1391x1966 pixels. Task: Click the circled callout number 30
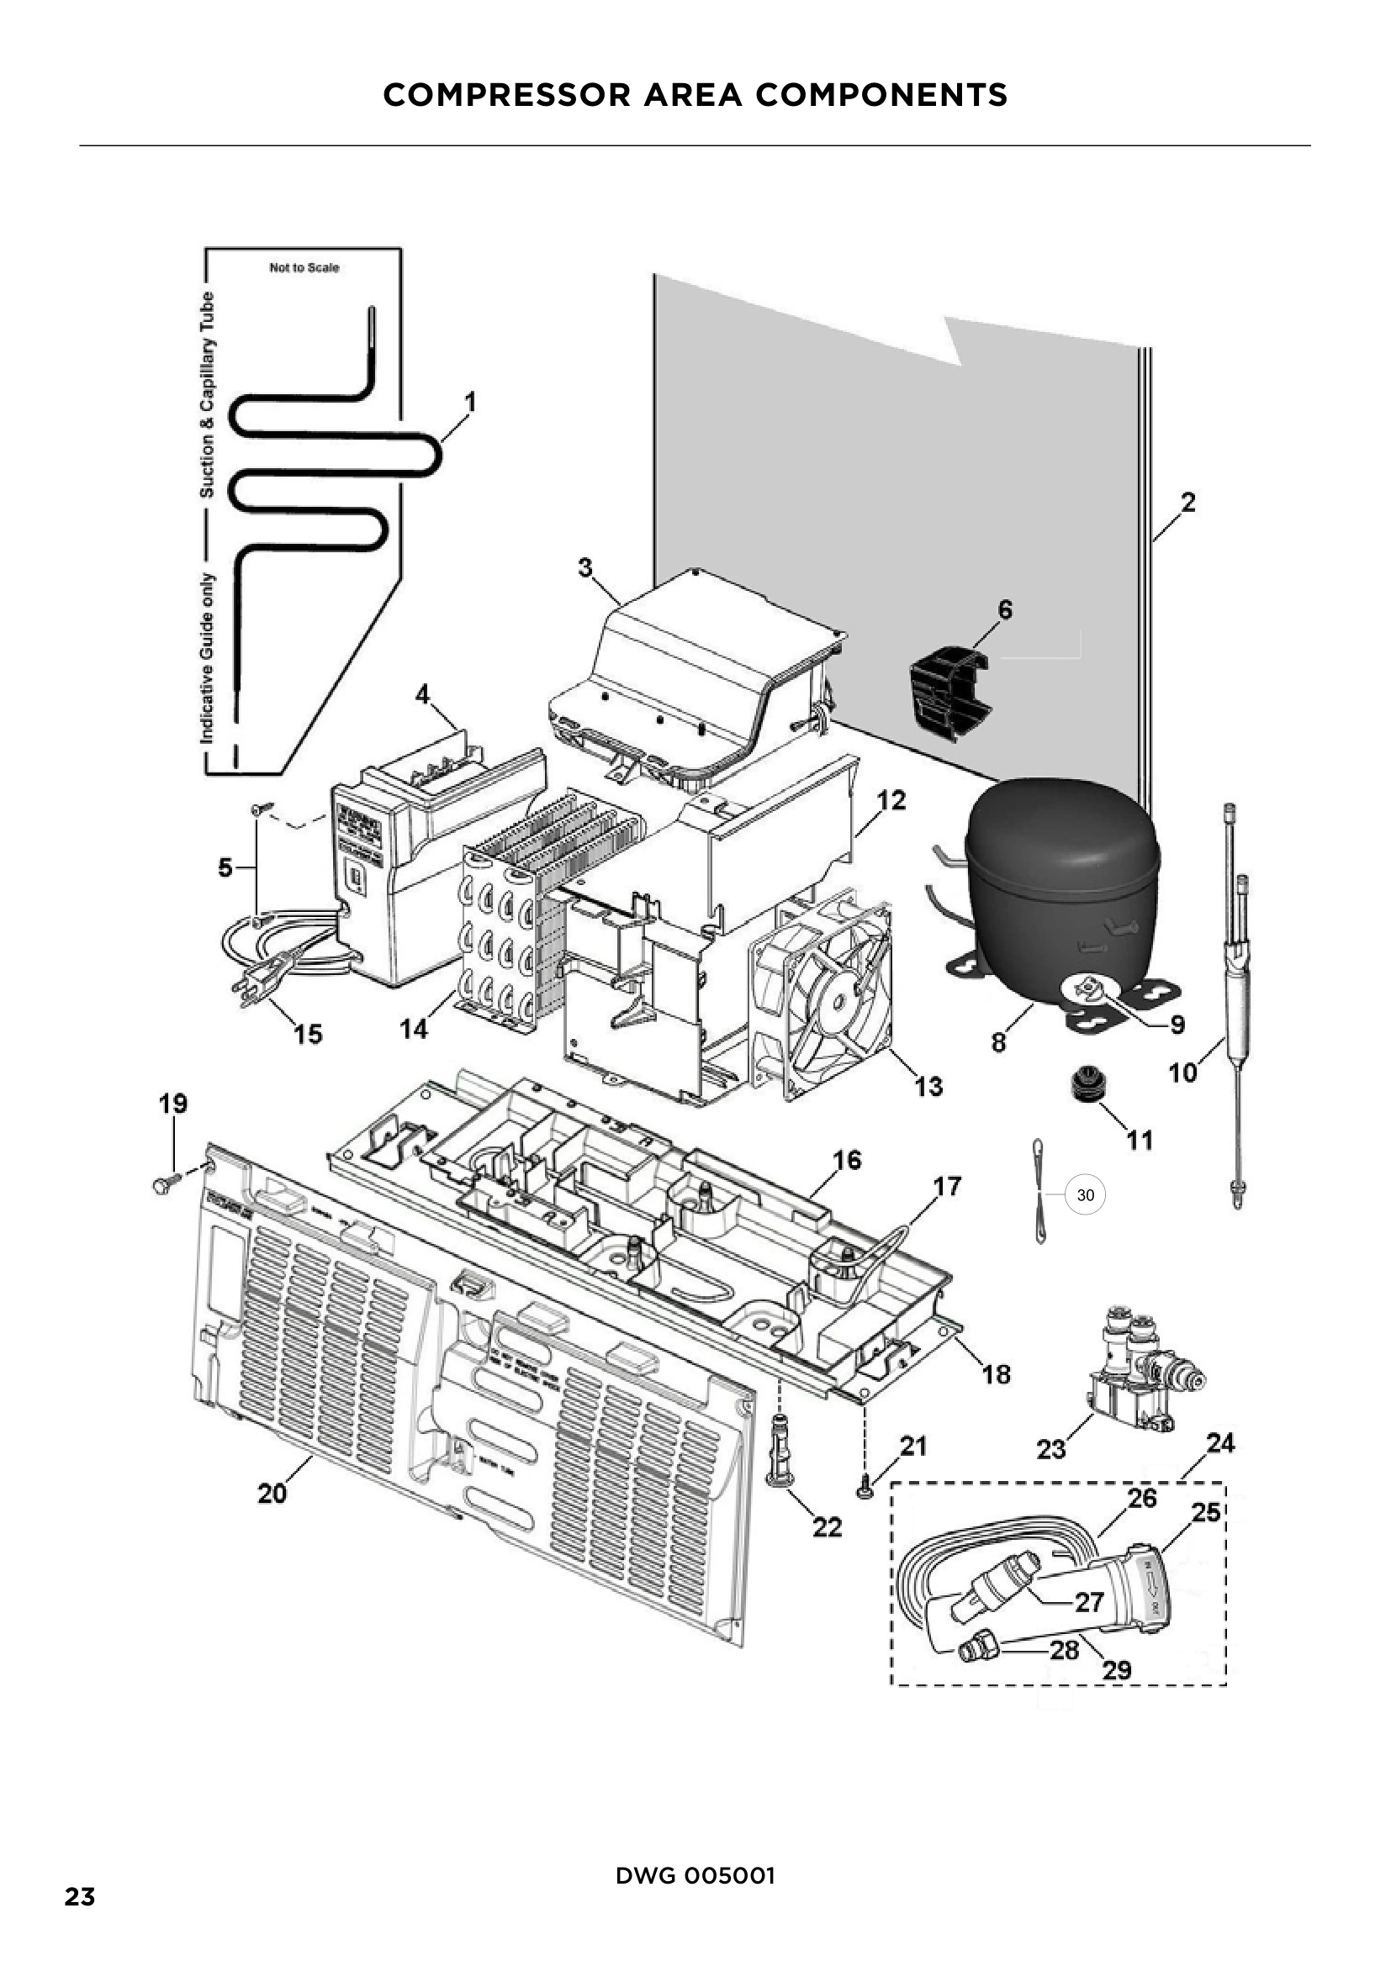point(1085,1195)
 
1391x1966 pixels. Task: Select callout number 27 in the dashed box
point(1088,1602)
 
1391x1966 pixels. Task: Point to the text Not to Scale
point(304,268)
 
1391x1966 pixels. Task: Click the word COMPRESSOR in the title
point(506,95)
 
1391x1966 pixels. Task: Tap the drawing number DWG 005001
point(695,1876)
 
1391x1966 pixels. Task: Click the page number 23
point(80,1898)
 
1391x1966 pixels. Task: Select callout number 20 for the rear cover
point(272,1494)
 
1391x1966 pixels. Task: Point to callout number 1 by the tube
point(469,402)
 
